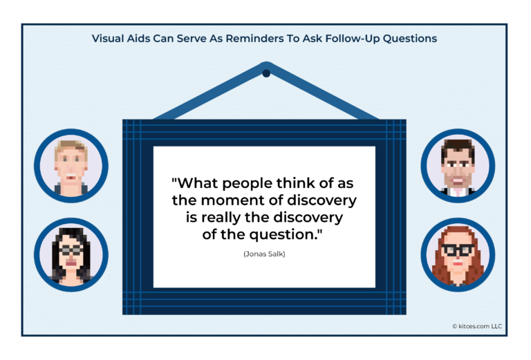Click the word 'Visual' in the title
tap(110, 39)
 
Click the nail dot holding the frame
tap(266, 73)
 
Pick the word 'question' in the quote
tap(285, 234)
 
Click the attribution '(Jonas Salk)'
tap(264, 254)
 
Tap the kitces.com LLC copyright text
tap(478, 325)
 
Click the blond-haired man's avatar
tap(71, 165)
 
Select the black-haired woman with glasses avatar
tap(71, 253)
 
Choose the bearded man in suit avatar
tap(457, 165)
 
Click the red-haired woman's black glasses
tap(457, 249)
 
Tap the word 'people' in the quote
tap(238, 184)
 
